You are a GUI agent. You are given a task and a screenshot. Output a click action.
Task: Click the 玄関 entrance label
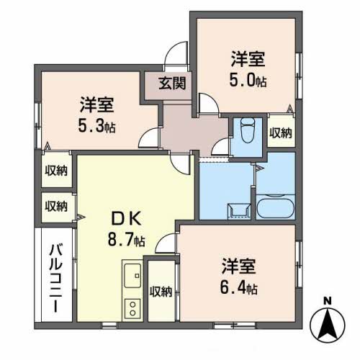[x=172, y=84]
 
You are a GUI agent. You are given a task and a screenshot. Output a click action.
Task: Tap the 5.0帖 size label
[x=248, y=81]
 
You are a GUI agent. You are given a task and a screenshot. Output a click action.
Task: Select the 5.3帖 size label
[x=96, y=126]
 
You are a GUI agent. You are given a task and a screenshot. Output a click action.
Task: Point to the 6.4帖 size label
[x=239, y=288]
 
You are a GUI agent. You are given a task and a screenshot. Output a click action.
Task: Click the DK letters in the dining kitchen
[x=127, y=219]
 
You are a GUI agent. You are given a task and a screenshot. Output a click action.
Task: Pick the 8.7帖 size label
[x=127, y=240]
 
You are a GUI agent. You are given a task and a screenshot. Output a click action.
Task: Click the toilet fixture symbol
[x=248, y=130]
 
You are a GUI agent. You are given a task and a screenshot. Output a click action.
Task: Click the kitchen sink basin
[x=132, y=275]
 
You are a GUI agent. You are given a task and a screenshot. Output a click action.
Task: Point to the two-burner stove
[x=132, y=308]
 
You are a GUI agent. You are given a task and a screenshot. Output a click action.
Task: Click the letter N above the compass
[x=327, y=300]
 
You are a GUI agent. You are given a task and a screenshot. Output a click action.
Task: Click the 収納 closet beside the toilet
[x=281, y=132]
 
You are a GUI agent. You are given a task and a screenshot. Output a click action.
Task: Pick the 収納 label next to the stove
[x=161, y=292]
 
